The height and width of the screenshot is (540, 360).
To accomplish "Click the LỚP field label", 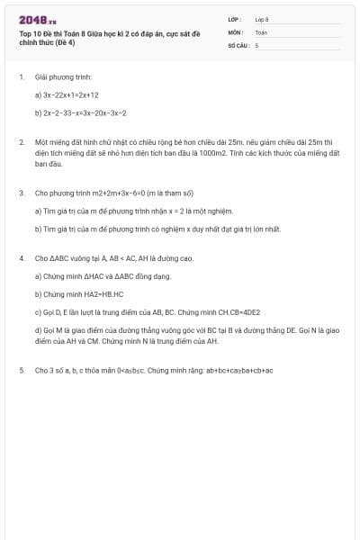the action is (235, 19).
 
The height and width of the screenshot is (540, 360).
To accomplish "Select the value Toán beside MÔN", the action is (261, 31).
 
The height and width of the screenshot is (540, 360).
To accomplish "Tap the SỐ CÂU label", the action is (237, 44).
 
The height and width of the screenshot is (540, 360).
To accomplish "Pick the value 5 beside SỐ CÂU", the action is (256, 44).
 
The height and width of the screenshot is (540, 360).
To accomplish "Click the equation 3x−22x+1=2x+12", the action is (72, 94).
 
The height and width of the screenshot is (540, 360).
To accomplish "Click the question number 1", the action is (21, 77).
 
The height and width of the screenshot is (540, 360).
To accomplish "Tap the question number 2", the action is (21, 142).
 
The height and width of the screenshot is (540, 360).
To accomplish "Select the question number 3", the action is (21, 193).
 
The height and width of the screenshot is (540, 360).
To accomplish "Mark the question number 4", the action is (21, 258).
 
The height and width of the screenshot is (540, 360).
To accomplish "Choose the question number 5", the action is (21, 370).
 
